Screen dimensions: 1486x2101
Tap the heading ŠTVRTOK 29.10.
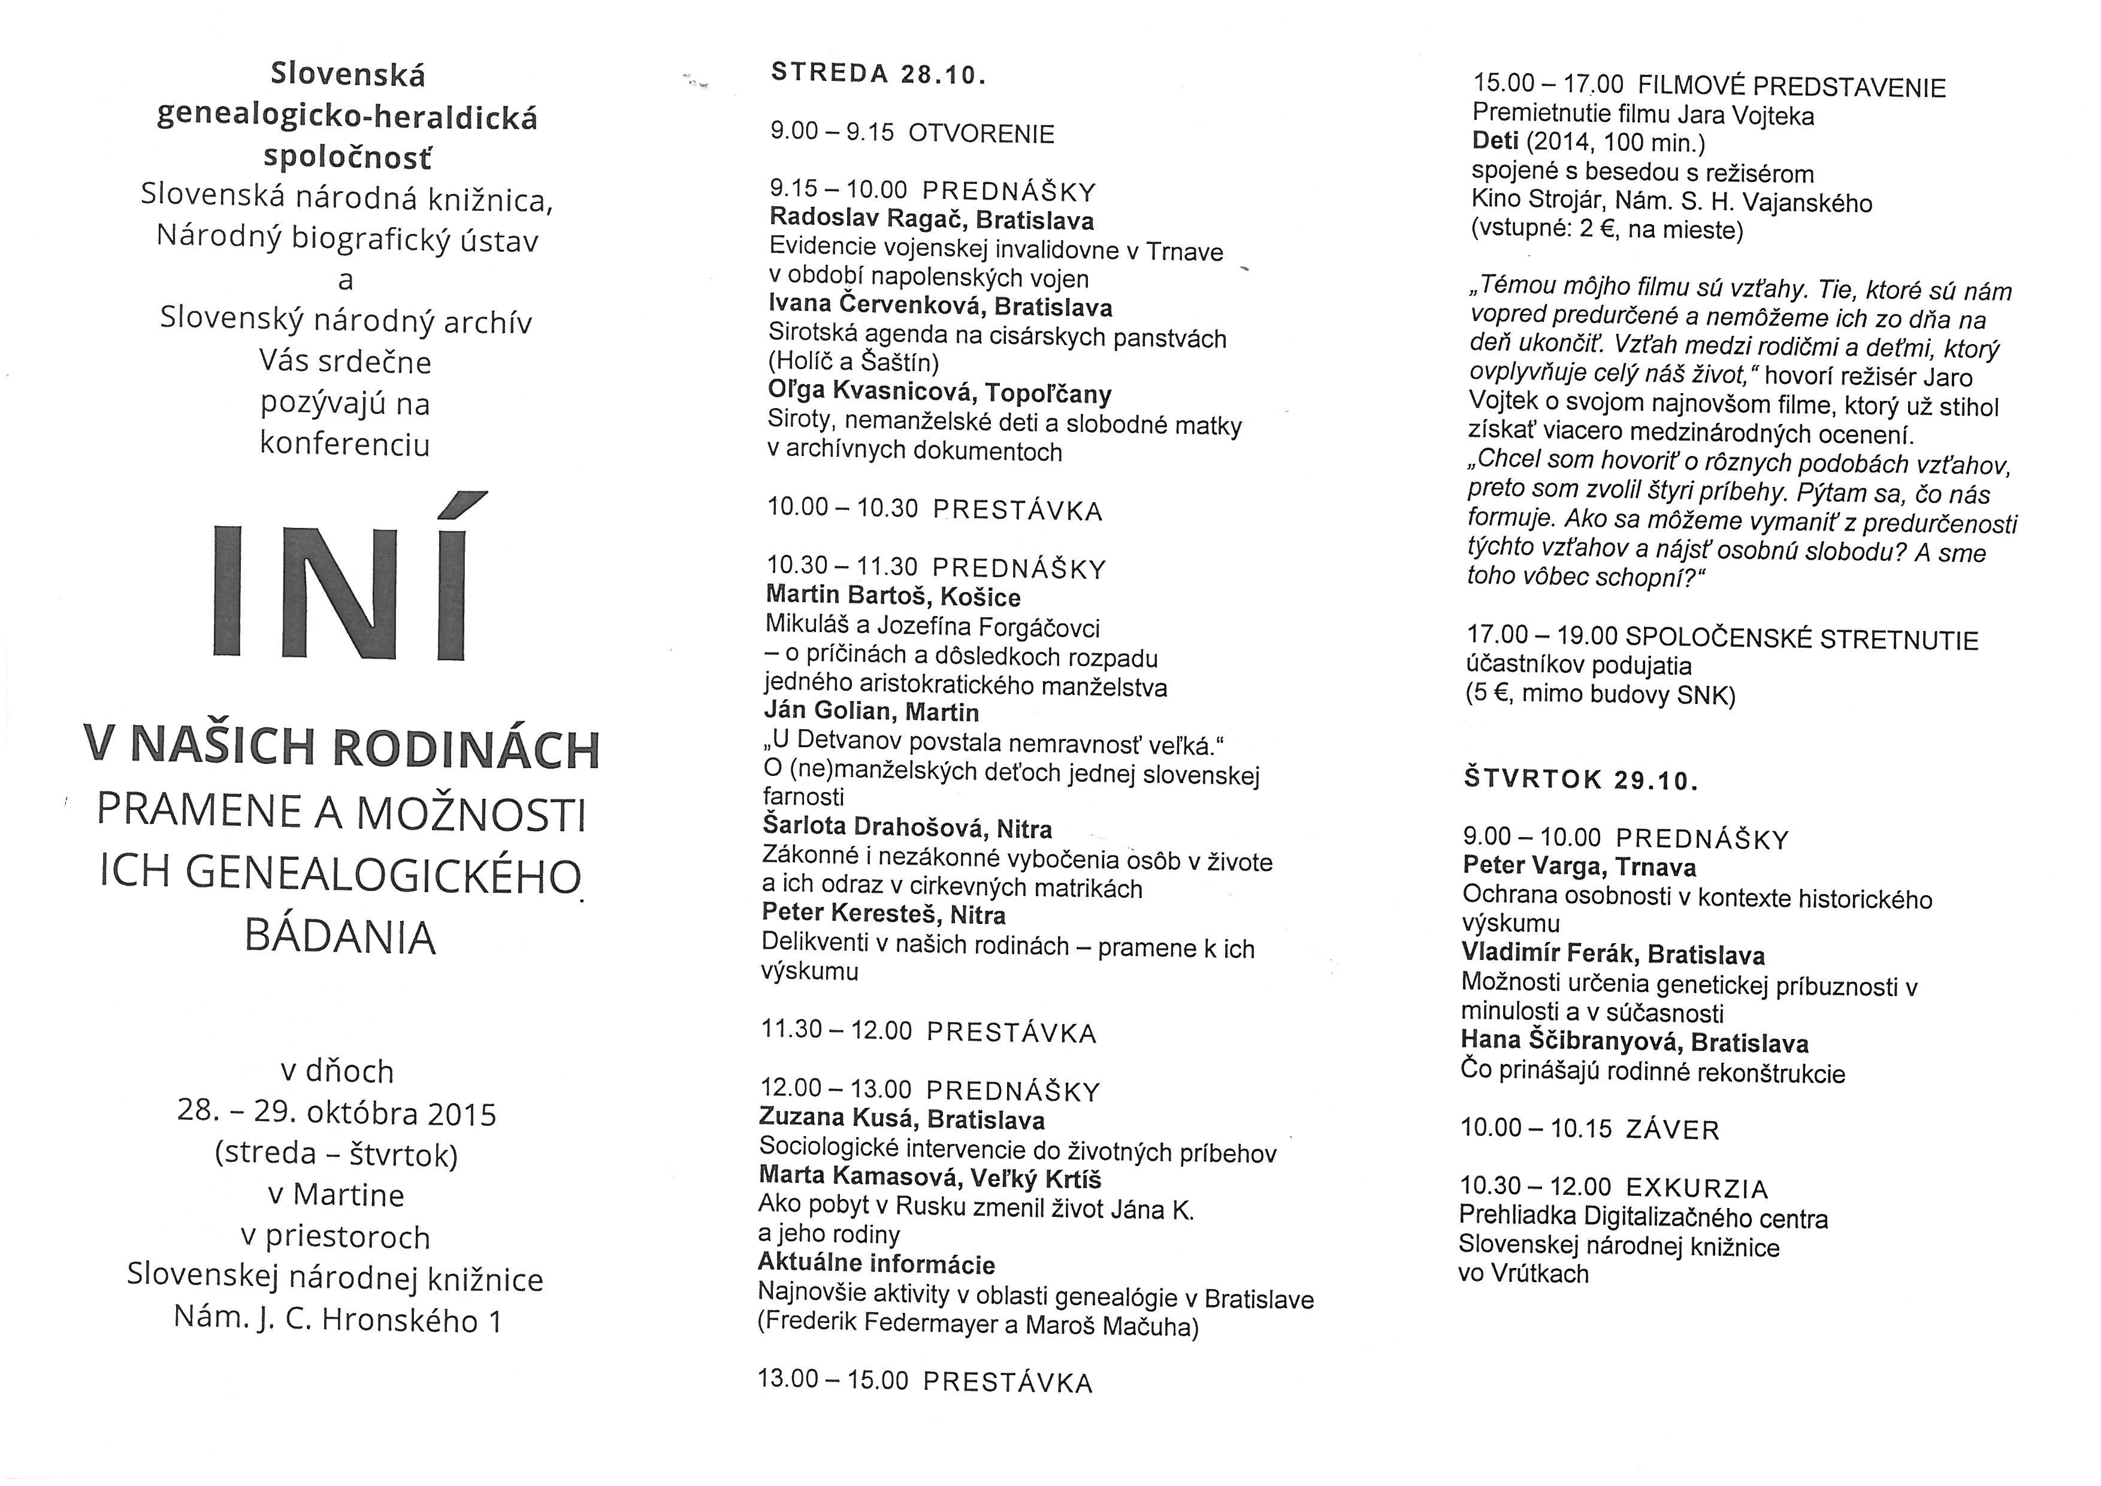[1580, 780]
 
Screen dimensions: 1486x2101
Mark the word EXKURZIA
[1697, 1189]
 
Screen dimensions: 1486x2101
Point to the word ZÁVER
[1672, 1130]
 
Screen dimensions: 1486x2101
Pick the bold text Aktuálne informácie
[876, 1264]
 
